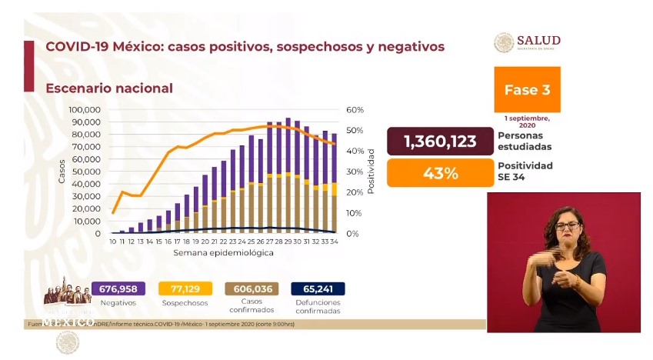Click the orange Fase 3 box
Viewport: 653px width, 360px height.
tap(527, 89)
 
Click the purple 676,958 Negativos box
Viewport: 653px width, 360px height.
tap(118, 288)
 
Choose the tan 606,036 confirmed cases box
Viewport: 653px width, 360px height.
tap(251, 288)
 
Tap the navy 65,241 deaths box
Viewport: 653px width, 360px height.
tap(318, 288)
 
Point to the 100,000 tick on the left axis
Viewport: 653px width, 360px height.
tap(85, 109)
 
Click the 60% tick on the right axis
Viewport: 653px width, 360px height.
tap(354, 109)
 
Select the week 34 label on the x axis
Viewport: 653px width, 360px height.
tap(335, 242)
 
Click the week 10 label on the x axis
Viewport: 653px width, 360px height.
tap(113, 242)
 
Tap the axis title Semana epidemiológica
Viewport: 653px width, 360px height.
tap(223, 252)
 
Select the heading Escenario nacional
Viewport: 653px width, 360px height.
tap(109, 88)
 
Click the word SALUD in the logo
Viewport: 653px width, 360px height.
tap(538, 40)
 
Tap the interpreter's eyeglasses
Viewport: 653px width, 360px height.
tap(568, 225)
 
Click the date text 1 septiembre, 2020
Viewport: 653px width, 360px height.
tap(527, 121)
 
